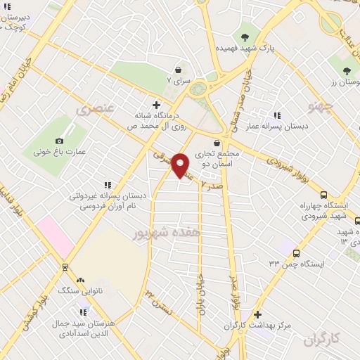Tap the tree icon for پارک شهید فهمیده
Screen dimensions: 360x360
245,37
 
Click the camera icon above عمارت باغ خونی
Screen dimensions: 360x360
59,140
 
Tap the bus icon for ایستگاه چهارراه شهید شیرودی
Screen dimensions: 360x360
323,195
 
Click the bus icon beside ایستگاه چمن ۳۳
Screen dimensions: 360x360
295,252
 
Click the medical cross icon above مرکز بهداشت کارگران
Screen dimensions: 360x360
257,314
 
